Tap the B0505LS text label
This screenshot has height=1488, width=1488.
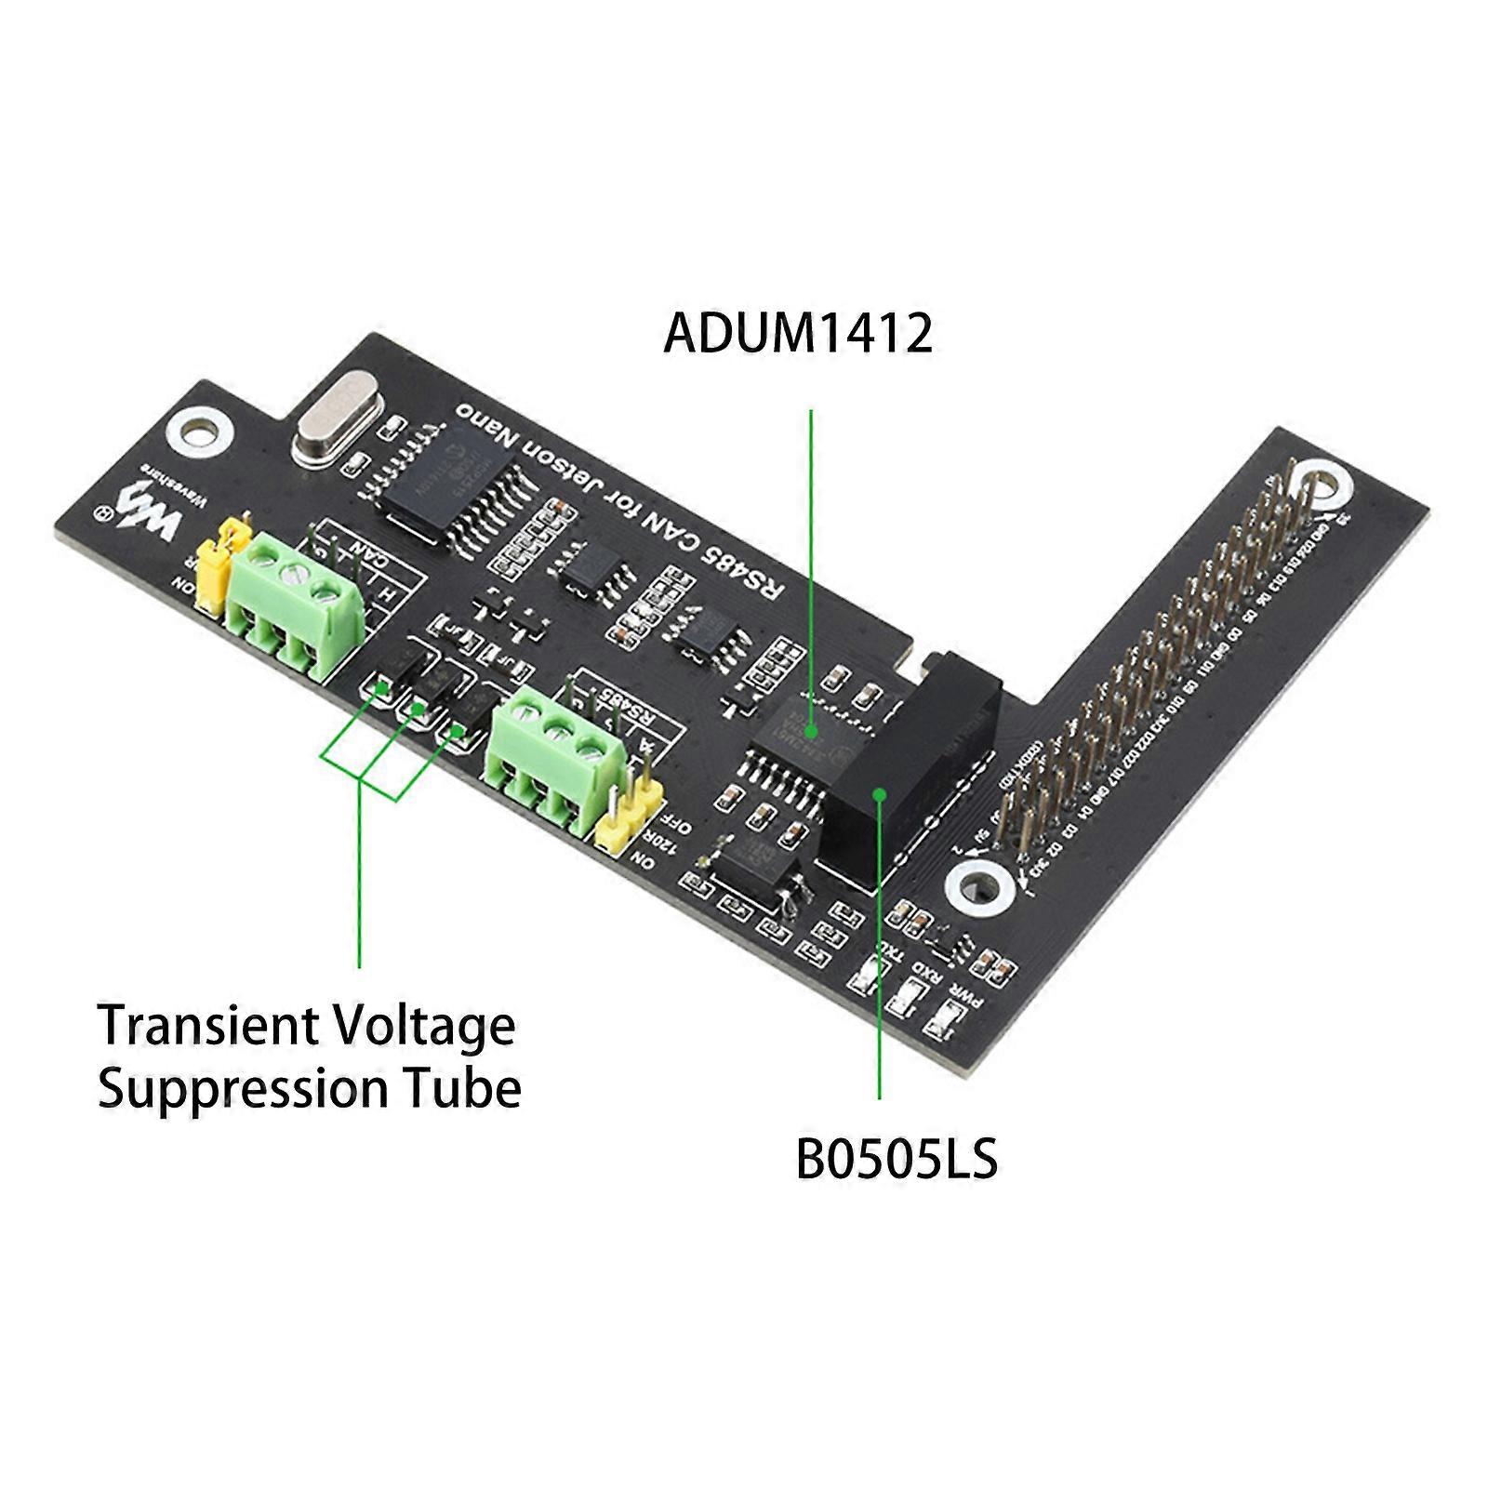coord(897,1160)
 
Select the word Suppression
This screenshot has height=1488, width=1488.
coord(242,1088)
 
